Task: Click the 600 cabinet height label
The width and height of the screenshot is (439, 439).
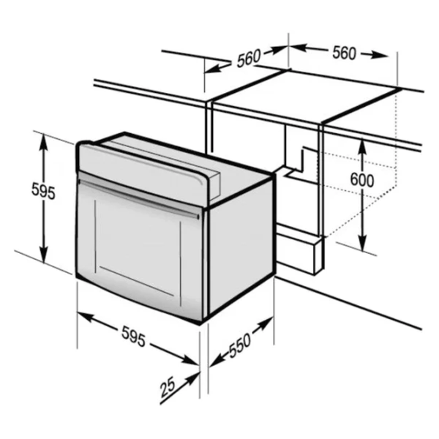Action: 362,180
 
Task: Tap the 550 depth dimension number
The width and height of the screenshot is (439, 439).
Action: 240,346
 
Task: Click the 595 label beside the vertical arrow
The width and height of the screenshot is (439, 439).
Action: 43,190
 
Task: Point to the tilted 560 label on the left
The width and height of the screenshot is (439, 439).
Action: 249,58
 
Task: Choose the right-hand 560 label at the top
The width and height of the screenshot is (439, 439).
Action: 345,53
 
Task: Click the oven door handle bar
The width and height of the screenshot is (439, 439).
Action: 139,198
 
